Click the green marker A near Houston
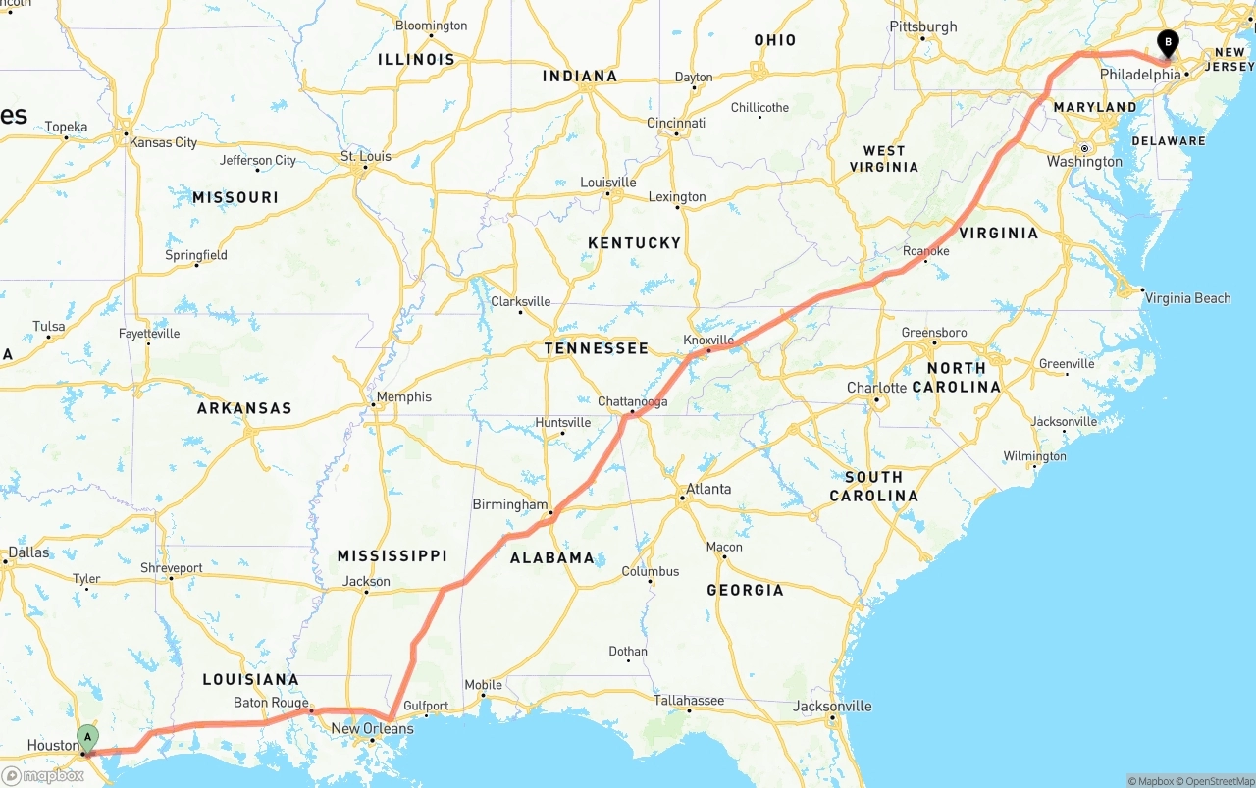pyautogui.click(x=87, y=736)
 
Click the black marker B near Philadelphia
pyautogui.click(x=1168, y=42)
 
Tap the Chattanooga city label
pyautogui.click(x=632, y=401)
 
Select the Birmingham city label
pyautogui.click(x=510, y=504)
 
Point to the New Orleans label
pyautogui.click(x=372, y=728)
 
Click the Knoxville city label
pyautogui.click(x=709, y=341)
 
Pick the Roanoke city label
pyautogui.click(x=925, y=251)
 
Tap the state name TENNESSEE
pyautogui.click(x=597, y=348)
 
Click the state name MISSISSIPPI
pyautogui.click(x=392, y=555)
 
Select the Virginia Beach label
pyautogui.click(x=1187, y=298)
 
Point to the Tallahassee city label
pyautogui.click(x=689, y=701)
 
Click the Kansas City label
pyautogui.click(x=164, y=142)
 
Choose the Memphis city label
pyautogui.click(x=404, y=397)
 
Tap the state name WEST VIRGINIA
pyautogui.click(x=884, y=158)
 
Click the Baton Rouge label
pyautogui.click(x=271, y=703)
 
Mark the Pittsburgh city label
pyautogui.click(x=922, y=26)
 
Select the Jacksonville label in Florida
pyautogui.click(x=832, y=706)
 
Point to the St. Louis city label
pyautogui.click(x=365, y=156)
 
